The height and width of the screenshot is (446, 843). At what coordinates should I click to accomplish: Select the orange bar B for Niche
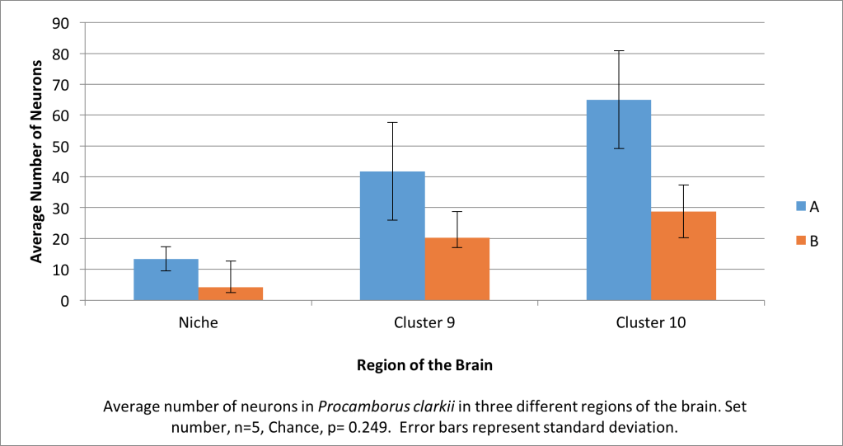click(231, 294)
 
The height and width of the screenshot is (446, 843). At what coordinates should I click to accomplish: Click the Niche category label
click(199, 322)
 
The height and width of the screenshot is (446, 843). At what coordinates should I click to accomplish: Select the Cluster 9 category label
click(424, 322)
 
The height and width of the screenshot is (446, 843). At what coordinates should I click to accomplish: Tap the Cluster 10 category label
click(651, 322)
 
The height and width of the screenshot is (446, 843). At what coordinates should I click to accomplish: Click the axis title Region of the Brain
click(424, 365)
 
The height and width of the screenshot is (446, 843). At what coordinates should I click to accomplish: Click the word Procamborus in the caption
click(356, 407)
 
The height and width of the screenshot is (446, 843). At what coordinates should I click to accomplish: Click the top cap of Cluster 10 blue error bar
click(619, 51)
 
